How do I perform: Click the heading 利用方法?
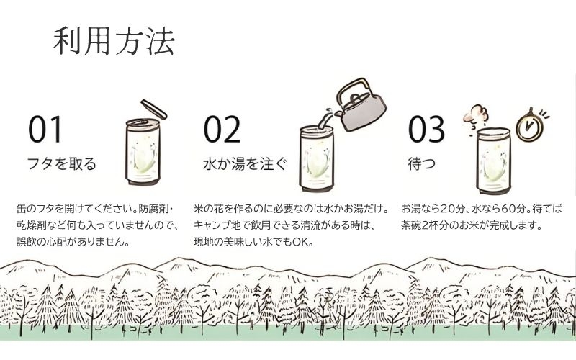(114, 41)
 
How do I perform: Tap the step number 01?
(45, 130)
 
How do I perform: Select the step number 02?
(222, 130)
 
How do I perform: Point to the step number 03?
(426, 130)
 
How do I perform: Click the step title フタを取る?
(62, 164)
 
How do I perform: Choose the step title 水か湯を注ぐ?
(245, 164)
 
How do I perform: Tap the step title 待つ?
(422, 164)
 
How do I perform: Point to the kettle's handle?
(353, 89)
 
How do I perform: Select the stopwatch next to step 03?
(529, 125)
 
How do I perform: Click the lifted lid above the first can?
(154, 109)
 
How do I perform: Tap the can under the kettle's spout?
(317, 158)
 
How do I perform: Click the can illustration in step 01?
(143, 151)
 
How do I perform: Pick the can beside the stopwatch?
(493, 161)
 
